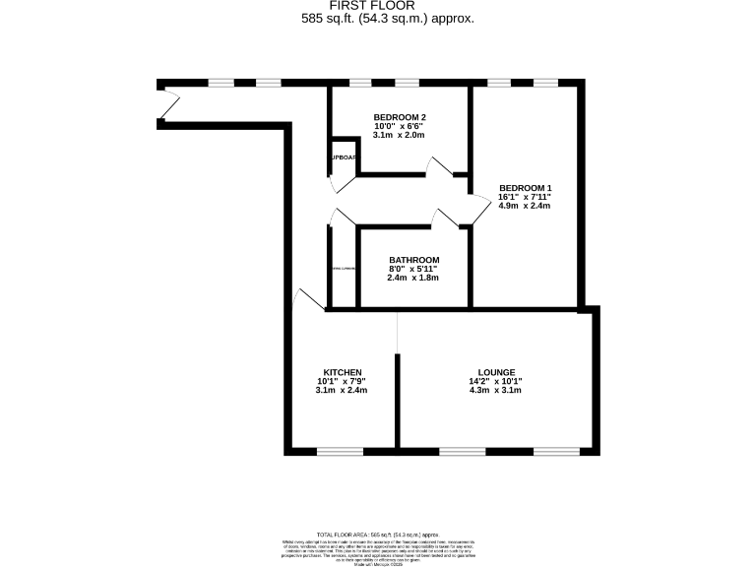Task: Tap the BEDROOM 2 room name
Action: point(399,117)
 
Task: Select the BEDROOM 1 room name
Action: point(525,188)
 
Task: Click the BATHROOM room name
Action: point(412,260)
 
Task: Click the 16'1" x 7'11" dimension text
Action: point(525,198)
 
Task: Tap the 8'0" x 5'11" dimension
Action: point(412,269)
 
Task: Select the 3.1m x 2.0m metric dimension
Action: point(399,135)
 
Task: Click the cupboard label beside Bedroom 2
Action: point(343,157)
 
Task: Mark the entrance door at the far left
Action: point(167,101)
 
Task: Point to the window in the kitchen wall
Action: point(341,451)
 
